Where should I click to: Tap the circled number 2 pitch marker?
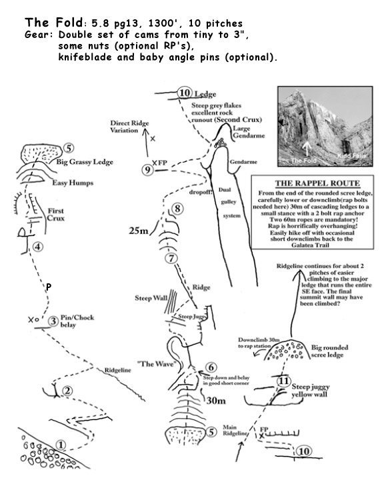[66, 391]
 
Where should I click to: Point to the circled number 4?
[38, 247]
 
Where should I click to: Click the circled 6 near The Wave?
[211, 367]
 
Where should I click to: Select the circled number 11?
[283, 381]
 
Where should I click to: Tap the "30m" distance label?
[215, 401]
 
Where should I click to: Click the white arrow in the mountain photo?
[305, 149]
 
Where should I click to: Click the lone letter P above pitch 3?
[48, 287]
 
